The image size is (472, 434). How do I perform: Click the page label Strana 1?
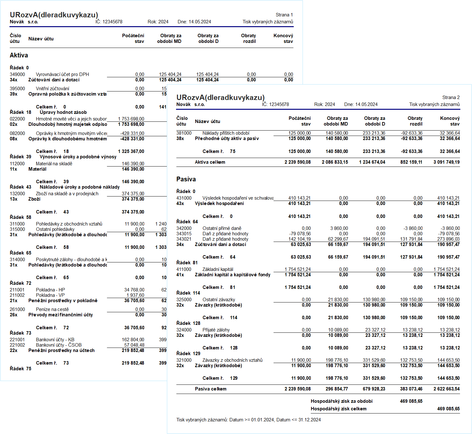(284, 15)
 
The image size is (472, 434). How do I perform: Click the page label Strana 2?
(451, 97)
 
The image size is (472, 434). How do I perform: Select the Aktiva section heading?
(19, 55)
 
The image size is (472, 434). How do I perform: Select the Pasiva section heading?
(186, 179)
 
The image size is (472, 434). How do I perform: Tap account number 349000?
(17, 74)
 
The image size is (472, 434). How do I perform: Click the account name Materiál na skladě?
(54, 163)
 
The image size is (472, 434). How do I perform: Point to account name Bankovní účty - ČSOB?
(59, 345)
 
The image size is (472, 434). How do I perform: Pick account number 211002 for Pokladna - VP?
(17, 295)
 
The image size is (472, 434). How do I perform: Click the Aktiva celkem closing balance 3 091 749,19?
(446, 162)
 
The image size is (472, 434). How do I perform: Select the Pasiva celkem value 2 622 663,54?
(446, 389)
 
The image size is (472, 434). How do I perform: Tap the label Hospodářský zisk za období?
(341, 401)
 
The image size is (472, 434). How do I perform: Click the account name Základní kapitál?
(218, 269)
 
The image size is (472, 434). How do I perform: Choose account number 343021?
(184, 239)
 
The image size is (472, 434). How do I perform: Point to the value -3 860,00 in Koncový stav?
(450, 228)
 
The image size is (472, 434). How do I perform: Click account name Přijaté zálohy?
(216, 330)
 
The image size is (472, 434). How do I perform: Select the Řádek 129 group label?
(188, 354)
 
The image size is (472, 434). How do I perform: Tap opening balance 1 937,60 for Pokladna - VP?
(135, 295)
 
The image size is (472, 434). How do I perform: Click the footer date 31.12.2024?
(310, 420)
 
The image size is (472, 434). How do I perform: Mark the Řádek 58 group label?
(21, 217)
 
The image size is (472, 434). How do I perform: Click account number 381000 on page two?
(184, 133)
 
